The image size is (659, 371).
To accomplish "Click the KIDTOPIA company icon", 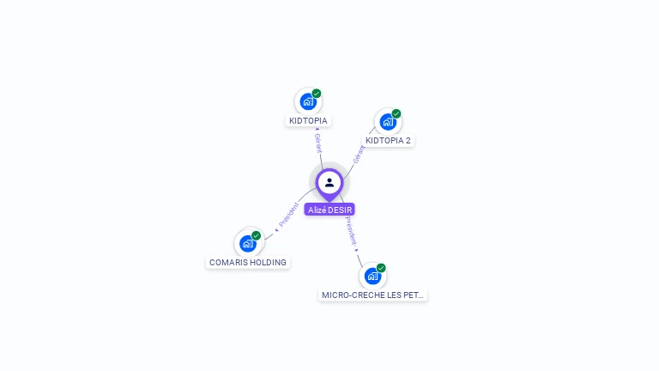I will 307,101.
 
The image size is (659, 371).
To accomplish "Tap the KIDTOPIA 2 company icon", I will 387,121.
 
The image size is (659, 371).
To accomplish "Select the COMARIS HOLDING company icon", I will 247,243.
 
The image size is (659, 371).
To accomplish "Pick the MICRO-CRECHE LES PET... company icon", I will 372,276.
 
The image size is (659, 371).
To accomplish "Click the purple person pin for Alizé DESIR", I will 329,183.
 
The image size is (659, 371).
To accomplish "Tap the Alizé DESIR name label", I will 329,210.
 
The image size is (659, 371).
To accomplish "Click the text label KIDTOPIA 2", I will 388,140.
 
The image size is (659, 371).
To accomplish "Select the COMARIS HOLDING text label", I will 248,262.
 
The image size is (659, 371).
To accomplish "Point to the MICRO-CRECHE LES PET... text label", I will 372,295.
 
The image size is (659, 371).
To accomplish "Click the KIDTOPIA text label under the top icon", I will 308,120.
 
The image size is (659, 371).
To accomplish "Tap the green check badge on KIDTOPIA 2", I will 396,113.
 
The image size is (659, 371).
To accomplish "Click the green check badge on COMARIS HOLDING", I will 256,235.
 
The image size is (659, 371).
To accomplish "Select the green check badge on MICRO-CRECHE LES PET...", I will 381,268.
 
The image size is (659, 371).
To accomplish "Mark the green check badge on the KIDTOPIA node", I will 317,94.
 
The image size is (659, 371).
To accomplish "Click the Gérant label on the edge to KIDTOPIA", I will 317,143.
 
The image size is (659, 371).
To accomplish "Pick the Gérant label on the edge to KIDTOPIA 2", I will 359,155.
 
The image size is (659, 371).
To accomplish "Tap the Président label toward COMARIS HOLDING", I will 288,216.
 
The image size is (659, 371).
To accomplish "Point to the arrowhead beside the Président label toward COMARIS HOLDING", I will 276,229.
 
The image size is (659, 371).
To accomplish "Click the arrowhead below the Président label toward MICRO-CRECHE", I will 358,251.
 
